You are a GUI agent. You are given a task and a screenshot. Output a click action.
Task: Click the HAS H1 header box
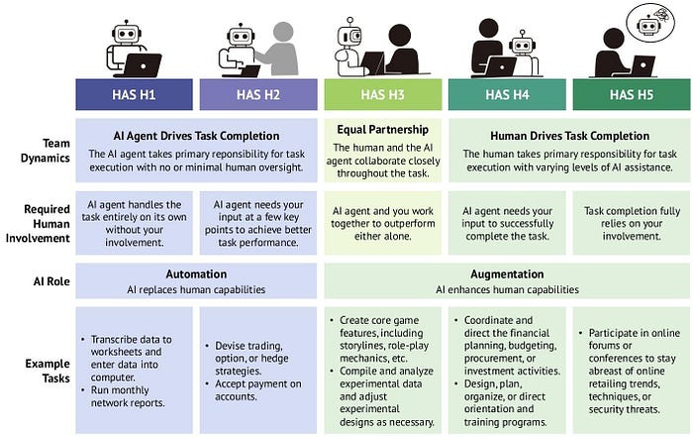click(134, 95)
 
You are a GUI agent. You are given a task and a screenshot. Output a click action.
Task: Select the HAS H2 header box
click(258, 95)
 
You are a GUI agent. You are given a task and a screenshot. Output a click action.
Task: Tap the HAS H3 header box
click(383, 95)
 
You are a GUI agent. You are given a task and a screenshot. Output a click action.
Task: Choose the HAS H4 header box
click(507, 95)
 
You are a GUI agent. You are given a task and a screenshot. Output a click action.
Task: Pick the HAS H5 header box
click(632, 95)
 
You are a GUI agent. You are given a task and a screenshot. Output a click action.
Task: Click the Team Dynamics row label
click(46, 151)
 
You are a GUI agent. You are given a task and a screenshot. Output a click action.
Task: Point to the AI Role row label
click(51, 281)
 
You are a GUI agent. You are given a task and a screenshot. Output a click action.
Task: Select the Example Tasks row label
click(48, 371)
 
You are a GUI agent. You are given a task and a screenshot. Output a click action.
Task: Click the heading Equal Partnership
click(383, 130)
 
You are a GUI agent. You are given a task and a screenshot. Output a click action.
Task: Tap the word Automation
click(196, 274)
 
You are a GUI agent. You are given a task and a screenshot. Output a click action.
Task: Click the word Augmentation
click(507, 274)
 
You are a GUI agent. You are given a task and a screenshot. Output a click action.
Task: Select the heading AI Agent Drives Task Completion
click(196, 136)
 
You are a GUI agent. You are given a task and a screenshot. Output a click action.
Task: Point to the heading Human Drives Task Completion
click(569, 136)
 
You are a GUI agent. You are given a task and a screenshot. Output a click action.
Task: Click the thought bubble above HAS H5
click(650, 22)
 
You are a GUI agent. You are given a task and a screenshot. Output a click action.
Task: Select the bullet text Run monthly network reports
click(128, 396)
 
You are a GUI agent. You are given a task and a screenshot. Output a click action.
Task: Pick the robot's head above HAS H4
click(522, 44)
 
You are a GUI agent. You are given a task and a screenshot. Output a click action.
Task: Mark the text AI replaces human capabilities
click(196, 289)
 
